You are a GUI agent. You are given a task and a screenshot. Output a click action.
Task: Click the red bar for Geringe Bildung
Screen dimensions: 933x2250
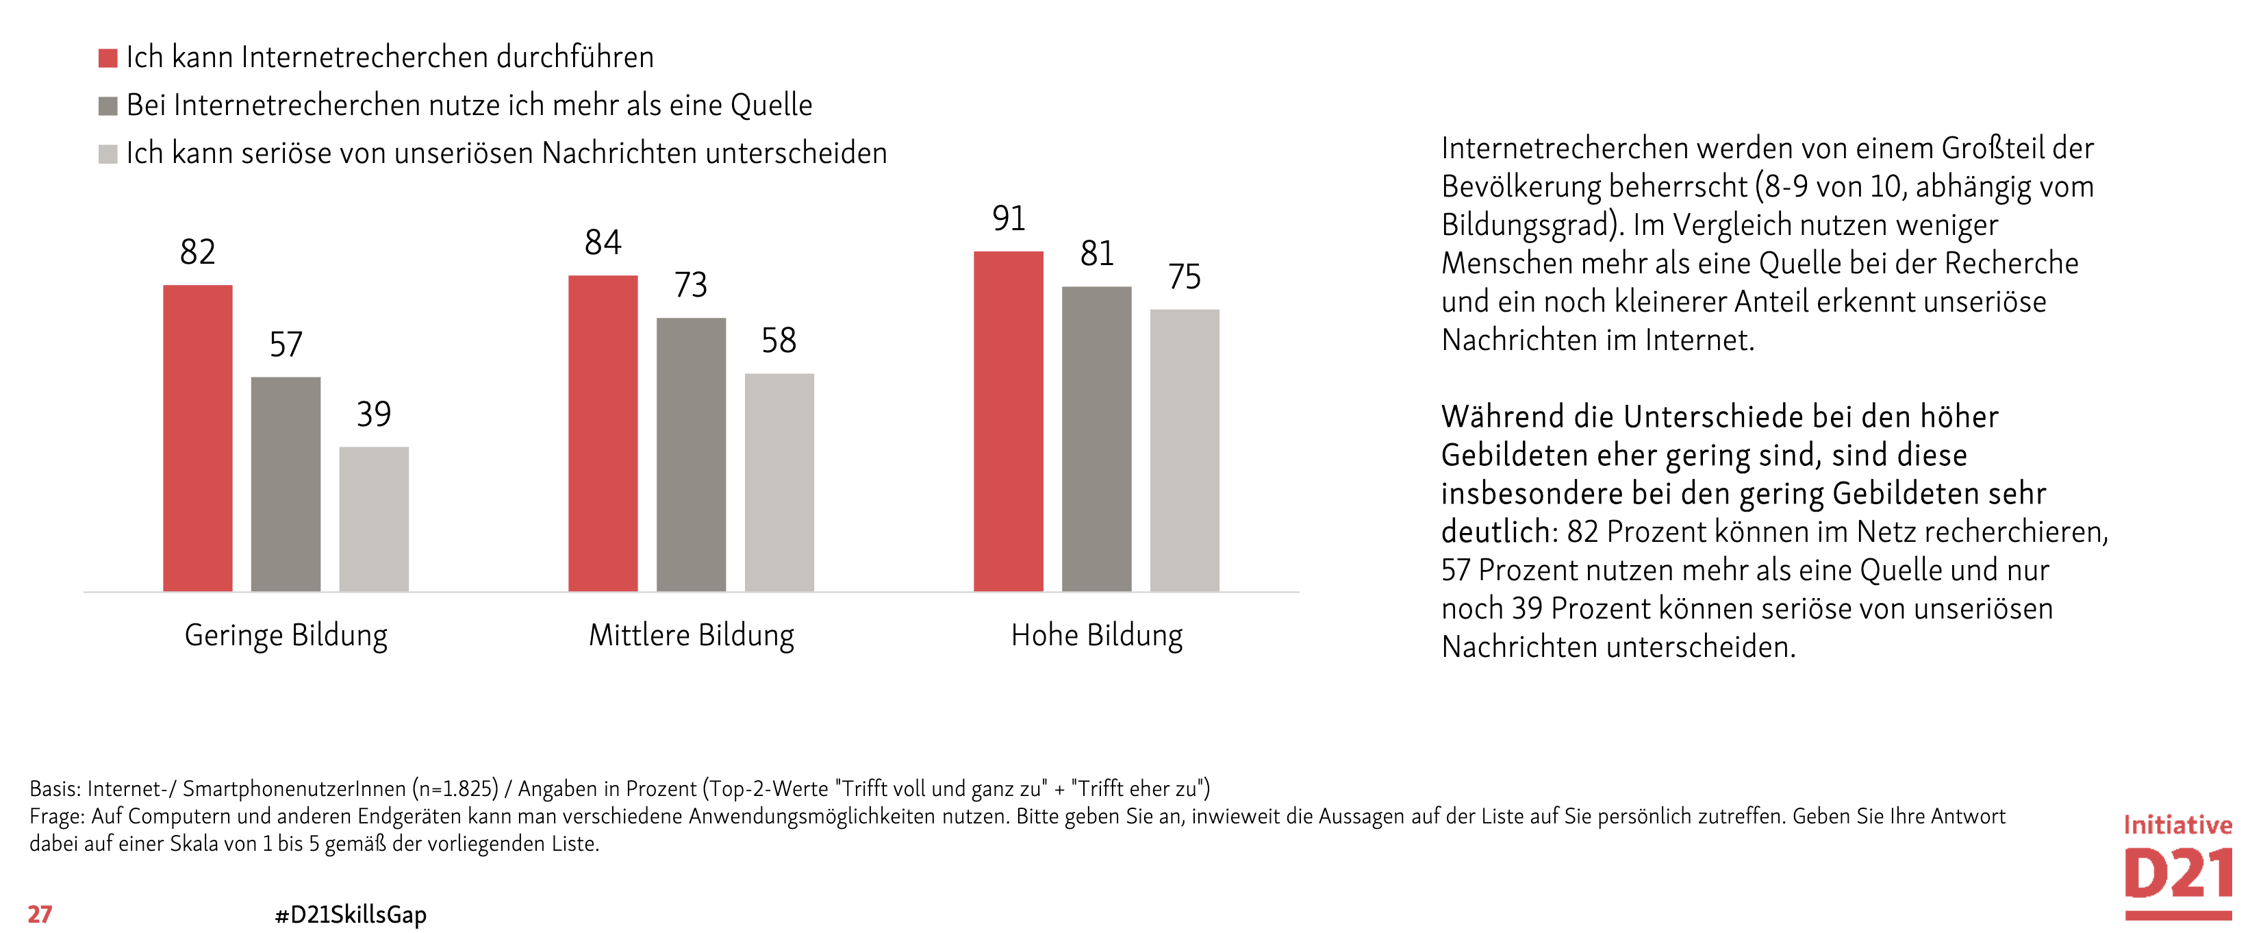coord(197,438)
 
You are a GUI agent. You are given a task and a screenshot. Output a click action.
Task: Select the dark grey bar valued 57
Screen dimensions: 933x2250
coord(286,484)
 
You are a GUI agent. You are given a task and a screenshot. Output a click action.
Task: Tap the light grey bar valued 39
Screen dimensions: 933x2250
coord(374,519)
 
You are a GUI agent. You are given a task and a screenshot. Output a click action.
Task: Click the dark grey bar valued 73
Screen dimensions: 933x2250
coord(691,454)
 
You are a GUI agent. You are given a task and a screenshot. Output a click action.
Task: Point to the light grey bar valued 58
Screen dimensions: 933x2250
coord(779,482)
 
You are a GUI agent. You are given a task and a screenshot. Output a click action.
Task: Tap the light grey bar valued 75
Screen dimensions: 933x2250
coord(1185,450)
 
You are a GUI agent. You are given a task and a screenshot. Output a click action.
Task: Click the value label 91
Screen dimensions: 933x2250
coord(1008,219)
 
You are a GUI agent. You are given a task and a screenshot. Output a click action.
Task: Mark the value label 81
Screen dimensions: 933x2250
coord(1097,254)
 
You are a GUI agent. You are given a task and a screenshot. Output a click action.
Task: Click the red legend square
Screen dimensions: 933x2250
coord(108,58)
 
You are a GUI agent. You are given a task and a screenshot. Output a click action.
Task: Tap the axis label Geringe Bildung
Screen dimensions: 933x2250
coord(286,635)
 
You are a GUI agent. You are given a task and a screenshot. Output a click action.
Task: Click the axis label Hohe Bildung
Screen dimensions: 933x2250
coord(1097,635)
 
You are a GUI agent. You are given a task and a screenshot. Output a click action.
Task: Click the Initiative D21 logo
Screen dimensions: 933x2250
coord(2177,866)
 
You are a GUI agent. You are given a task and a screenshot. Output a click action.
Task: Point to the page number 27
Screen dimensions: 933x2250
coord(40,914)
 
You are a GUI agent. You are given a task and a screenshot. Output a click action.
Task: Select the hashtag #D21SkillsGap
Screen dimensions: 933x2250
coord(351,915)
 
